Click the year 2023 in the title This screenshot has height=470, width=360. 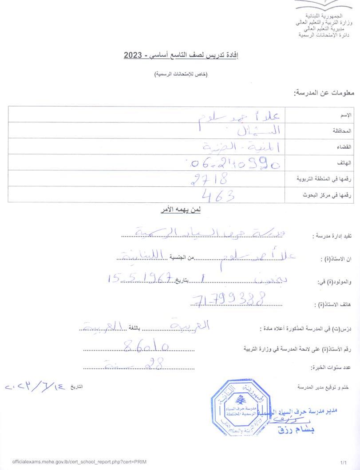(133, 55)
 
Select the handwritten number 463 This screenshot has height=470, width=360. (218, 195)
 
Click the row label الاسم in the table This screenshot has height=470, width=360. (346, 115)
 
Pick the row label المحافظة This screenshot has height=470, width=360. (342, 131)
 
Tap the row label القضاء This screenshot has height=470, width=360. (344, 146)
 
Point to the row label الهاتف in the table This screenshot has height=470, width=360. (345, 163)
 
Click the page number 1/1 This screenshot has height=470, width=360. (343, 462)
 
